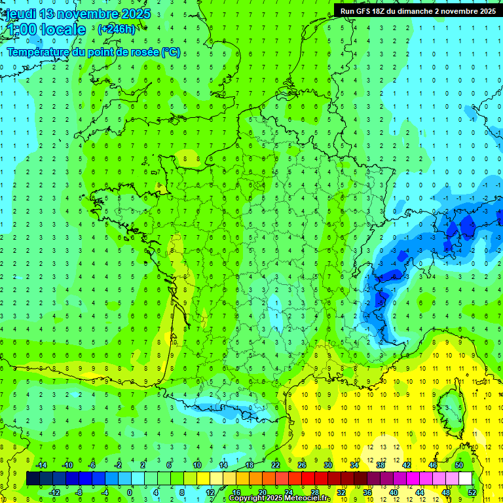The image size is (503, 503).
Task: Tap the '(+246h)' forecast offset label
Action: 117,29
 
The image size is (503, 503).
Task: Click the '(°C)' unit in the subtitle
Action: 171,52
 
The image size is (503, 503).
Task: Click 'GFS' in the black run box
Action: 366,10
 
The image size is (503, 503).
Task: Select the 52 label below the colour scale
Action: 472,493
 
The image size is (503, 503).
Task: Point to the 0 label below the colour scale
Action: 130,493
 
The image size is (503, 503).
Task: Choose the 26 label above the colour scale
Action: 302,465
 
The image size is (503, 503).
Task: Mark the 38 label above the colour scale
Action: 381,465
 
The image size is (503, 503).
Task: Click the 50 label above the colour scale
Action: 459,465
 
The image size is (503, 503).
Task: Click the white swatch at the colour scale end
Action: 465,479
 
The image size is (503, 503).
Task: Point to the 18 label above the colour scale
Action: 250,465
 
